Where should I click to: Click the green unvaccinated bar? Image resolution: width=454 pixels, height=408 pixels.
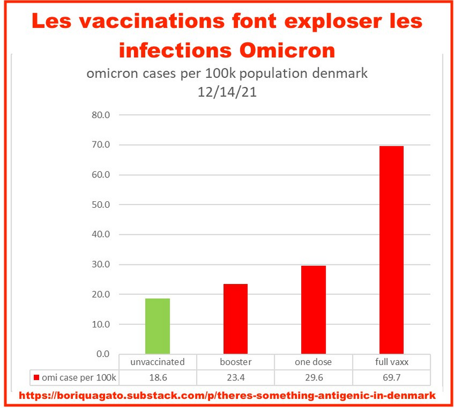pyautogui.click(x=158, y=326)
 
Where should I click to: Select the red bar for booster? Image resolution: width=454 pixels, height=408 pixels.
pyautogui.click(x=235, y=319)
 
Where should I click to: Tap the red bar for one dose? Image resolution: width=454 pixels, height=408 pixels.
pyautogui.click(x=314, y=310)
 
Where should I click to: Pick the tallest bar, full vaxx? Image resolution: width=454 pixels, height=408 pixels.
pyautogui.click(x=391, y=250)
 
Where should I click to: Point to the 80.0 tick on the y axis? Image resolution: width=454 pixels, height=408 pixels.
pyautogui.click(x=101, y=115)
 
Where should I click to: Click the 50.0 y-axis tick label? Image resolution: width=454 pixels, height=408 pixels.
pyautogui.click(x=101, y=205)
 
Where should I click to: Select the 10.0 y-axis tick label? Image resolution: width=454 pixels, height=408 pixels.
pyautogui.click(x=101, y=324)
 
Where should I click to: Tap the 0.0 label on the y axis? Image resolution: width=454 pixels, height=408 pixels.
pyautogui.click(x=103, y=354)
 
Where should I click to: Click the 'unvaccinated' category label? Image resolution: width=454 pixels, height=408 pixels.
pyautogui.click(x=158, y=362)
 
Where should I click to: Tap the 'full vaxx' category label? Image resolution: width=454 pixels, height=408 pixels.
pyautogui.click(x=391, y=362)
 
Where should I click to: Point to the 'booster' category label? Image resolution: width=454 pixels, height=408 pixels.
pyautogui.click(x=235, y=362)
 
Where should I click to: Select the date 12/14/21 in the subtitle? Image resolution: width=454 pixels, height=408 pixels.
pyautogui.click(x=227, y=92)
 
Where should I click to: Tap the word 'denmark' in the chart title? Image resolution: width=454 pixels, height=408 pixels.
pyautogui.click(x=341, y=73)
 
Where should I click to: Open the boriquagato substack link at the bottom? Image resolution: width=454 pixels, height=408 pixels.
pyautogui.click(x=227, y=395)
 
